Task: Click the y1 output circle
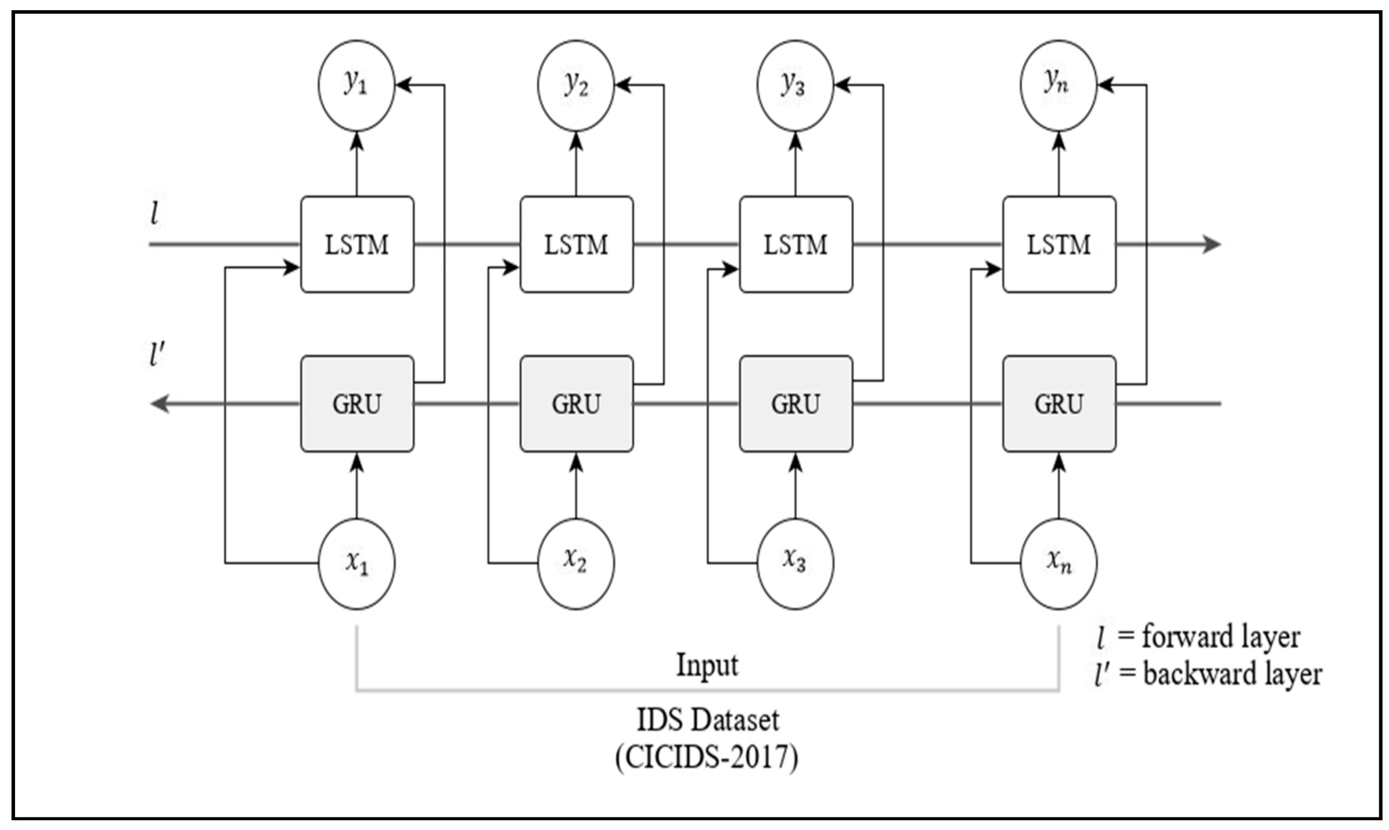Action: click(x=356, y=85)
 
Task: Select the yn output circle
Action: click(x=1058, y=85)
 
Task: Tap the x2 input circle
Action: click(x=576, y=563)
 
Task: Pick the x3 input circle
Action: click(x=795, y=563)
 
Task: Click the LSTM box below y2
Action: click(x=576, y=244)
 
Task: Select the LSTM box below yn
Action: click(x=1059, y=244)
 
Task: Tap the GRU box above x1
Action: click(x=357, y=403)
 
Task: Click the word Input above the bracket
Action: click(x=707, y=665)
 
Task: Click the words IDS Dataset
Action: click(x=708, y=720)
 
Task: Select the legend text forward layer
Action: click(x=1221, y=637)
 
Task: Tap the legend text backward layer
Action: click(x=1232, y=674)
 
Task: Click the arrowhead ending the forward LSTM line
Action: click(x=1212, y=244)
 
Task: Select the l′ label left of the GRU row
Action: click(x=157, y=354)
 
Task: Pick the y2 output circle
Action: click(x=576, y=85)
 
